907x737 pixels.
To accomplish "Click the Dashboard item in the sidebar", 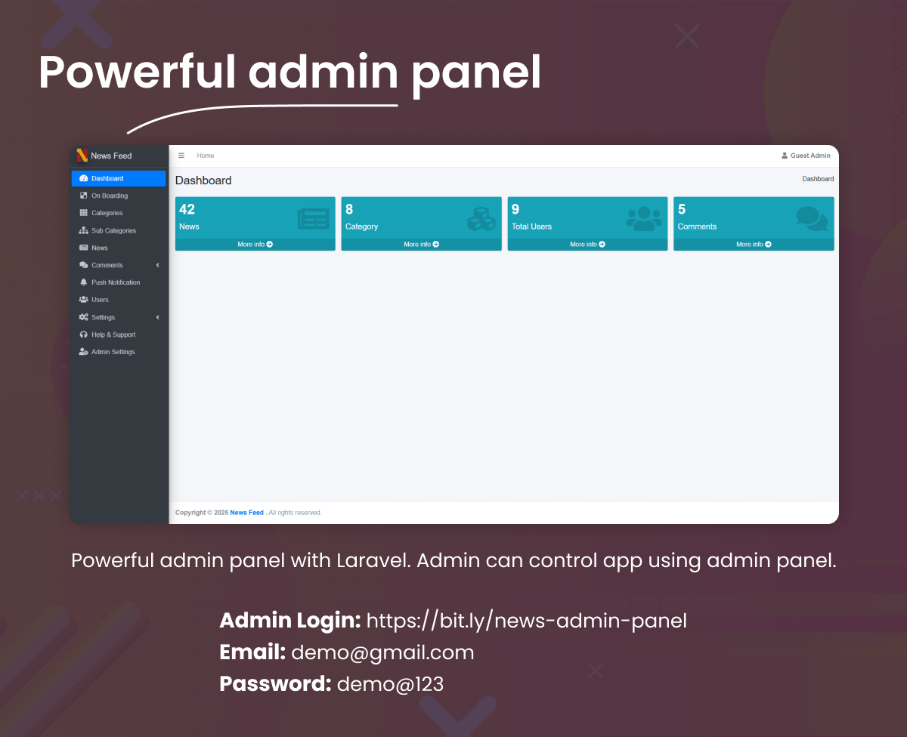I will pyautogui.click(x=107, y=179).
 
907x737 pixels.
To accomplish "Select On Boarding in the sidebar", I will pyautogui.click(x=110, y=196).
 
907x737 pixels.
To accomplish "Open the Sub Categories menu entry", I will pyautogui.click(x=113, y=230).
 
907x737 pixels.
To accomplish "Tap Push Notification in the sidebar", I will pyautogui.click(x=116, y=282).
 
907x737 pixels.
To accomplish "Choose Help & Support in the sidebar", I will pyautogui.click(x=113, y=335).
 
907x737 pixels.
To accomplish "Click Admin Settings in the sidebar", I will pyautogui.click(x=113, y=352).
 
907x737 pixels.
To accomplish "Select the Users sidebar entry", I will pyautogui.click(x=100, y=300).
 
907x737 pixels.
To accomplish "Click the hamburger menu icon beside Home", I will pyautogui.click(x=181, y=156).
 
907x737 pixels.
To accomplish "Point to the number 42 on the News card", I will pyautogui.click(x=187, y=210).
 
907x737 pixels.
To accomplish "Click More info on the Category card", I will pyautogui.click(x=421, y=245).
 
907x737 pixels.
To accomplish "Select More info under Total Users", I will pyautogui.click(x=587, y=245).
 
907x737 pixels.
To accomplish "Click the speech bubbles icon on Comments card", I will pyautogui.click(x=811, y=219).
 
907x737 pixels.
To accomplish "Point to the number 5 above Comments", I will pyautogui.click(x=682, y=210).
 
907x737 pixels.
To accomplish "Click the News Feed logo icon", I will pyautogui.click(x=82, y=156).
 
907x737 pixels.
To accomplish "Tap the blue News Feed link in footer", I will pyautogui.click(x=246, y=513).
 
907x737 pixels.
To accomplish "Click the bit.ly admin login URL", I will pyautogui.click(x=526, y=621).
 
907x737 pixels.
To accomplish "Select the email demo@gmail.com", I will pyautogui.click(x=382, y=652).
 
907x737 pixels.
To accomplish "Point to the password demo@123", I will pyautogui.click(x=390, y=684).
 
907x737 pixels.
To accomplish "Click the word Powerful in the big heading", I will pyautogui.click(x=137, y=72).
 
